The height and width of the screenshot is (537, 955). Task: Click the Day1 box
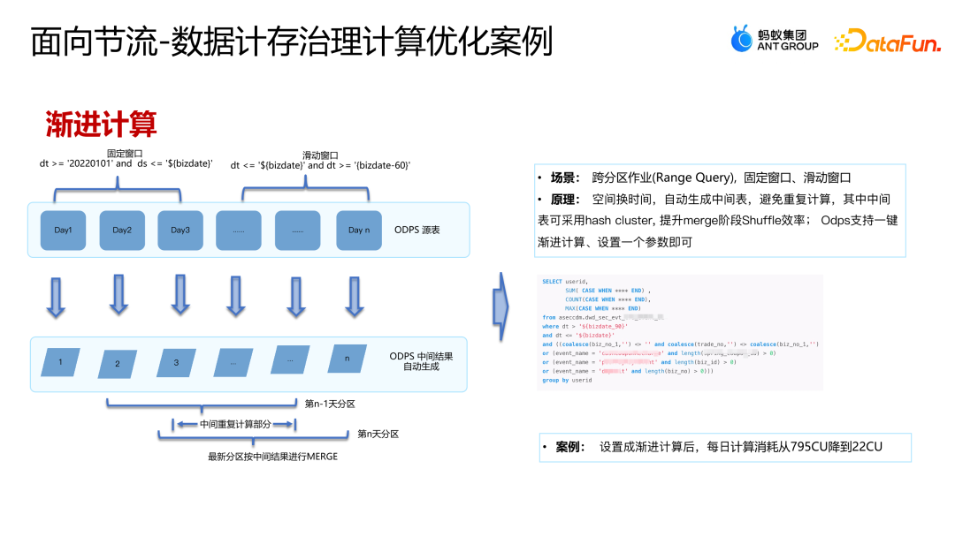tap(63, 231)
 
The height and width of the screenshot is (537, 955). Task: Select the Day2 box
tap(121, 231)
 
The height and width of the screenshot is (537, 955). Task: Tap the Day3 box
tap(180, 231)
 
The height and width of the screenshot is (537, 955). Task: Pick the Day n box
tap(358, 231)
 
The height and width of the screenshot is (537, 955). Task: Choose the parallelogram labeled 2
tap(118, 362)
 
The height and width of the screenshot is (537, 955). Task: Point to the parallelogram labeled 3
tap(176, 362)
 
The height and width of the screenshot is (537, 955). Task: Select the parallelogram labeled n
tap(348, 359)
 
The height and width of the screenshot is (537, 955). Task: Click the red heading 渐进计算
tap(102, 125)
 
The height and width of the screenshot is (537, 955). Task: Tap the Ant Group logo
tap(775, 39)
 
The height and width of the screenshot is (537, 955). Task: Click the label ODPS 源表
tap(418, 229)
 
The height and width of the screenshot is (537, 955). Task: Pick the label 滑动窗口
tap(320, 155)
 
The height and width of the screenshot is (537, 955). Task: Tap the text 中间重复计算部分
tap(234, 424)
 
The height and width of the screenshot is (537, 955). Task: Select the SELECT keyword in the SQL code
tap(552, 282)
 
